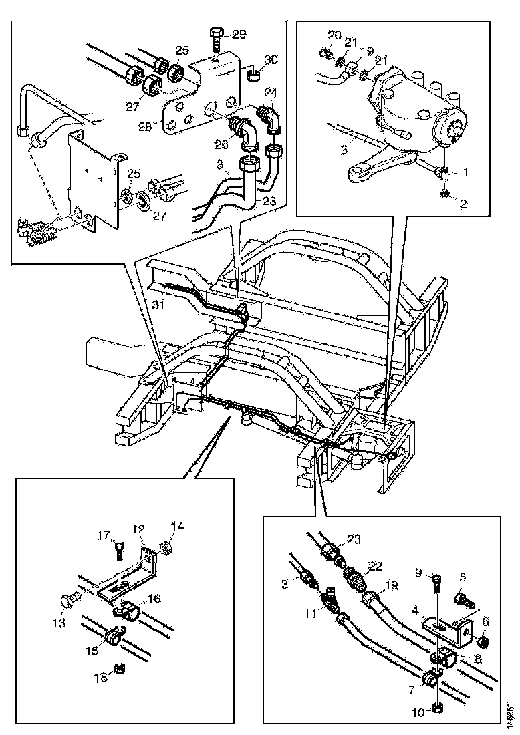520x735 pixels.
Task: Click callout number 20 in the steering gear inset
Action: coord(334,35)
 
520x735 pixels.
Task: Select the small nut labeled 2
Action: coord(444,194)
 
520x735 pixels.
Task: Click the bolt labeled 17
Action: coord(118,548)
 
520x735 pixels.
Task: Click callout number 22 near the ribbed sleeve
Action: coord(376,566)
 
